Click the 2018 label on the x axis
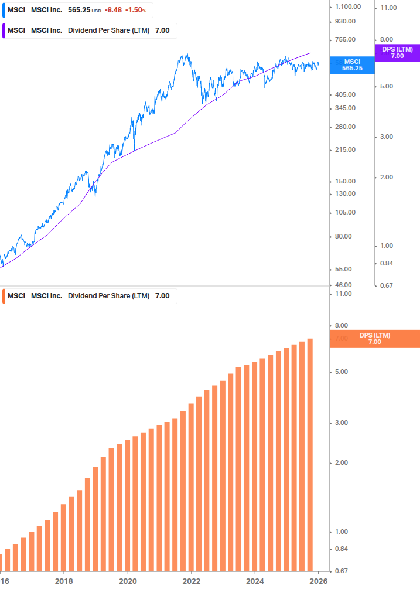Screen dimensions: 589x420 point(64,581)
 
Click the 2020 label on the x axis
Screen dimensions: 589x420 point(128,581)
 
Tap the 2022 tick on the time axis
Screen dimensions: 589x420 point(192,581)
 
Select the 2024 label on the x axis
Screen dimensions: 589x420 point(255,581)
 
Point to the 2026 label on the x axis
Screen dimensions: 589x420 point(318,581)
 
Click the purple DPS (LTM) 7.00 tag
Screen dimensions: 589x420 point(397,53)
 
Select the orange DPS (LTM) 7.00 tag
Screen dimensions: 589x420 point(374,338)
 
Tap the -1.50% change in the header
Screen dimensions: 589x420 point(135,11)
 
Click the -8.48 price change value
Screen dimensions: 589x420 point(114,11)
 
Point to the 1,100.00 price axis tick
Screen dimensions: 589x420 point(347,6)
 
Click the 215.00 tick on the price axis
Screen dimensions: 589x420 point(344,149)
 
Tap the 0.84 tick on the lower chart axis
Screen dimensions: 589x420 point(342,549)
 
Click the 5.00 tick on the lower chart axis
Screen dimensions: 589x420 point(342,372)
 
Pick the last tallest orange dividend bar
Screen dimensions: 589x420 point(310,454)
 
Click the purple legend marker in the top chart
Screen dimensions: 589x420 point(4,30)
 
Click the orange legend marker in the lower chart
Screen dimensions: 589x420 point(4,296)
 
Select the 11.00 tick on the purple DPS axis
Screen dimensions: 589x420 point(389,8)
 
